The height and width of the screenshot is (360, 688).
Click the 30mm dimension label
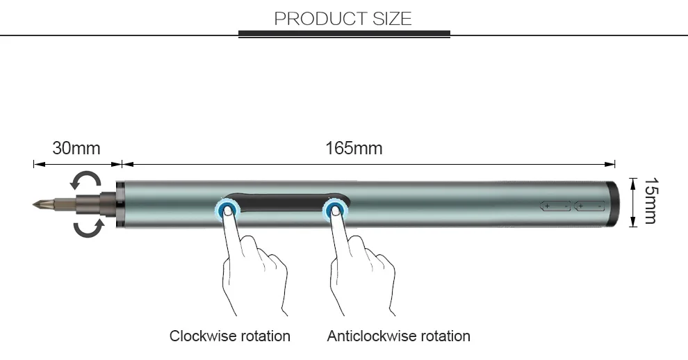point(76,149)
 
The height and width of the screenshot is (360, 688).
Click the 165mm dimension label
point(354,149)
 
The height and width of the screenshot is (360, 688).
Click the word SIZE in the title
point(392,19)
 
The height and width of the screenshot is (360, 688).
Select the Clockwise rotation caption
point(230,336)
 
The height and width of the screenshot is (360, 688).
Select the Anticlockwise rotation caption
point(398,336)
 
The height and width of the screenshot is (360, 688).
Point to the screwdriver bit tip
point(36,204)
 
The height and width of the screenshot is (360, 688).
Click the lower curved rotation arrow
point(88,228)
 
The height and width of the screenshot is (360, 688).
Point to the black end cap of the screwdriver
point(613,204)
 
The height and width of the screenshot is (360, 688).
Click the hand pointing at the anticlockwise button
point(361,268)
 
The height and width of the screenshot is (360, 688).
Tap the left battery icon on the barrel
point(555,206)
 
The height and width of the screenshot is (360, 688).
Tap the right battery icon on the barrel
point(590,206)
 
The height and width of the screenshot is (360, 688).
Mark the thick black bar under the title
point(344,33)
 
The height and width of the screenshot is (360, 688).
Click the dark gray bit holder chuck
point(104,204)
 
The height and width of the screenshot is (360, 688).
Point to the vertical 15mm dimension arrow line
point(633,202)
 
